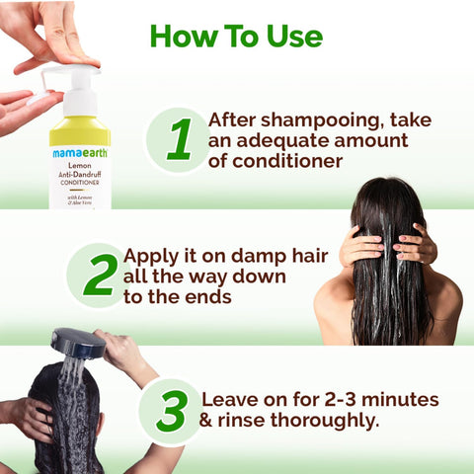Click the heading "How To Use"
[x=236, y=36]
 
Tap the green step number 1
[x=179, y=140]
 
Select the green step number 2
[x=99, y=275]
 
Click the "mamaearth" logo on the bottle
[x=79, y=153]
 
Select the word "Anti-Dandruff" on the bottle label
[x=79, y=180]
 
